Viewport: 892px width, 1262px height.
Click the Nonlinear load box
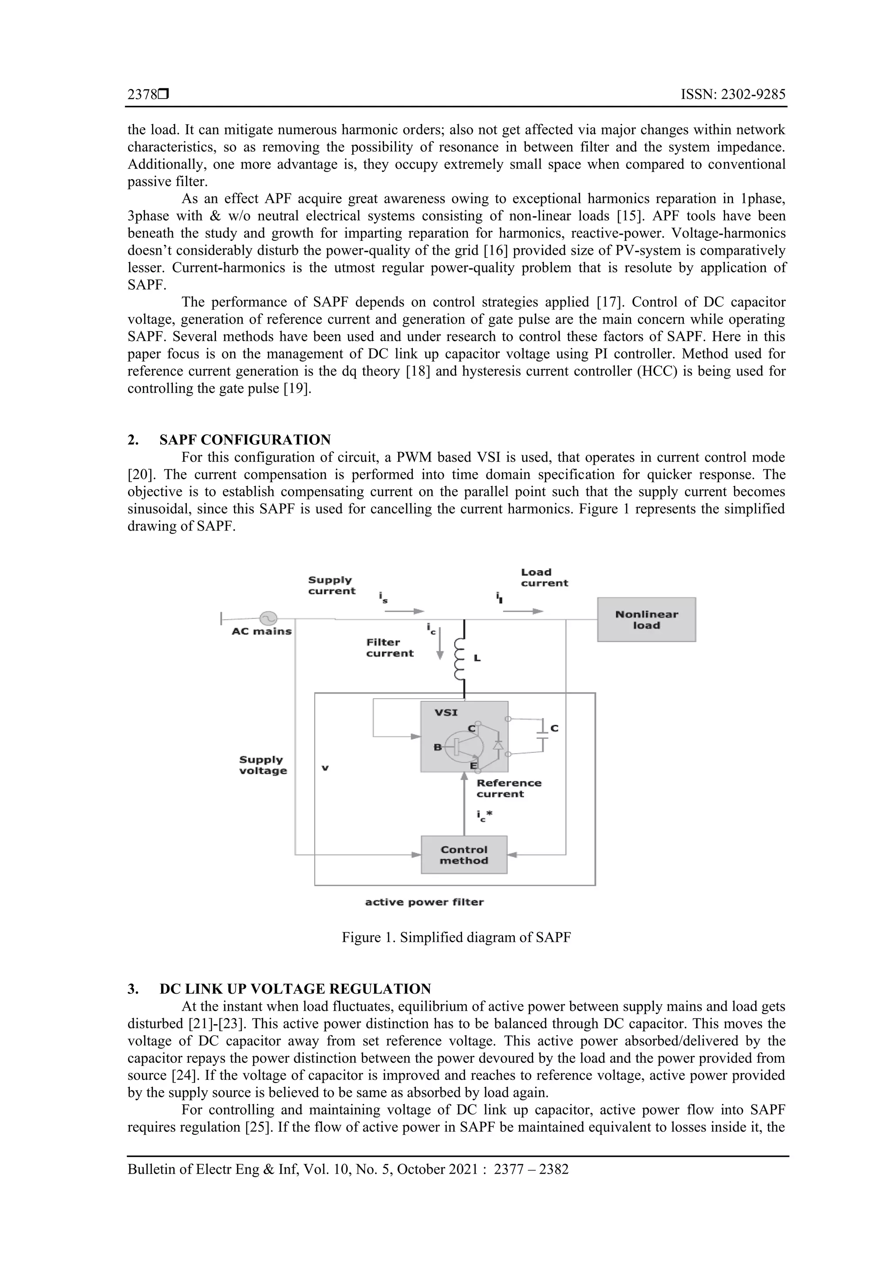646,619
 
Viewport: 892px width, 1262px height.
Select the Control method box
463,855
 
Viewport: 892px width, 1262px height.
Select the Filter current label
390,647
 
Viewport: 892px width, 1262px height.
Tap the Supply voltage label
263,765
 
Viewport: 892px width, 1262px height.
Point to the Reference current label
508,788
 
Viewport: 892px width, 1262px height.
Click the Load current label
544,578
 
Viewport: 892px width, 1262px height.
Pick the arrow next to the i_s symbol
409,611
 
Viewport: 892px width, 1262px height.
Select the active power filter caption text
424,902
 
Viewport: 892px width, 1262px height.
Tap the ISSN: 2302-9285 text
733,95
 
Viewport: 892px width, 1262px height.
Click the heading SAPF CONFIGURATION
245,440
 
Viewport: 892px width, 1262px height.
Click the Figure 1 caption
456,937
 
